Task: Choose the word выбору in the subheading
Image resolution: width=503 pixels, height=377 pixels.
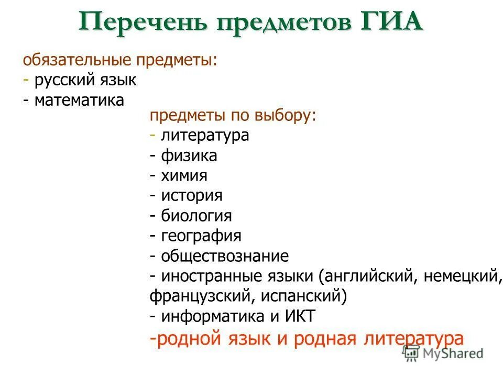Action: (286, 116)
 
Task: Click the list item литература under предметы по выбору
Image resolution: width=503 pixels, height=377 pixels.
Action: (205, 136)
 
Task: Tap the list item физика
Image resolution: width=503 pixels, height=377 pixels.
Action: (189, 156)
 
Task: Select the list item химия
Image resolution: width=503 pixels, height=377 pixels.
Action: (184, 175)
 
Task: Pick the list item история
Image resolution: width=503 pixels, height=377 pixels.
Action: (192, 195)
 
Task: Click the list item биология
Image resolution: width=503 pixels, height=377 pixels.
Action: (196, 215)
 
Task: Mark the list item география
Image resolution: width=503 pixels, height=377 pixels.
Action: (201, 236)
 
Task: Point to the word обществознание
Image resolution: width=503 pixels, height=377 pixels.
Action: (225, 256)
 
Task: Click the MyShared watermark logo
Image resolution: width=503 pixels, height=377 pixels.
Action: (443, 353)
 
